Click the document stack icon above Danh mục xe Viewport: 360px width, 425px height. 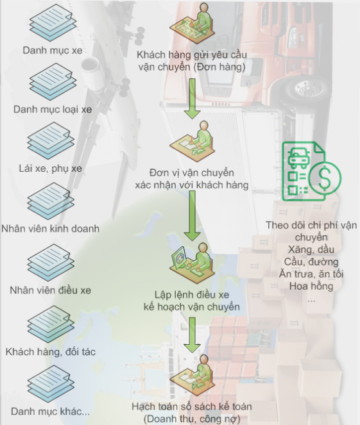53,23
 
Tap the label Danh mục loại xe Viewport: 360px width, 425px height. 53,110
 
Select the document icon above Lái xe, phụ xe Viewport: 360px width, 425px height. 51,140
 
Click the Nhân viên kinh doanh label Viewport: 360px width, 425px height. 51,229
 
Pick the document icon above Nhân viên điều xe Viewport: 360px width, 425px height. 51,262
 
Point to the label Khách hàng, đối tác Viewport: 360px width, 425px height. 51,352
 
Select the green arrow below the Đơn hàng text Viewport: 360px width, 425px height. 192,99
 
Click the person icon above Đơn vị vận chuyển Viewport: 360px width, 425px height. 193,141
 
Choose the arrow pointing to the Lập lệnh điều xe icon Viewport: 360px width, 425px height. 192,216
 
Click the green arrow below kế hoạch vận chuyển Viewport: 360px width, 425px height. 192,335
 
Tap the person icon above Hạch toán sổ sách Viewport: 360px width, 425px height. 193,376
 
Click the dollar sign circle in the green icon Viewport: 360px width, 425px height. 325,178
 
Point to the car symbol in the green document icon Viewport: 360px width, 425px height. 298,158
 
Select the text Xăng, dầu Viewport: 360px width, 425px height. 311,249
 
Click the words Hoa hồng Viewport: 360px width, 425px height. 311,287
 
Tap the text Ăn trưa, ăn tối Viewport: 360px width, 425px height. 311,274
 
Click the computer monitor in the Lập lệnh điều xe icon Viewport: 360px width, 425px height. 178,258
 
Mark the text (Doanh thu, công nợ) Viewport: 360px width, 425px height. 192,419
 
